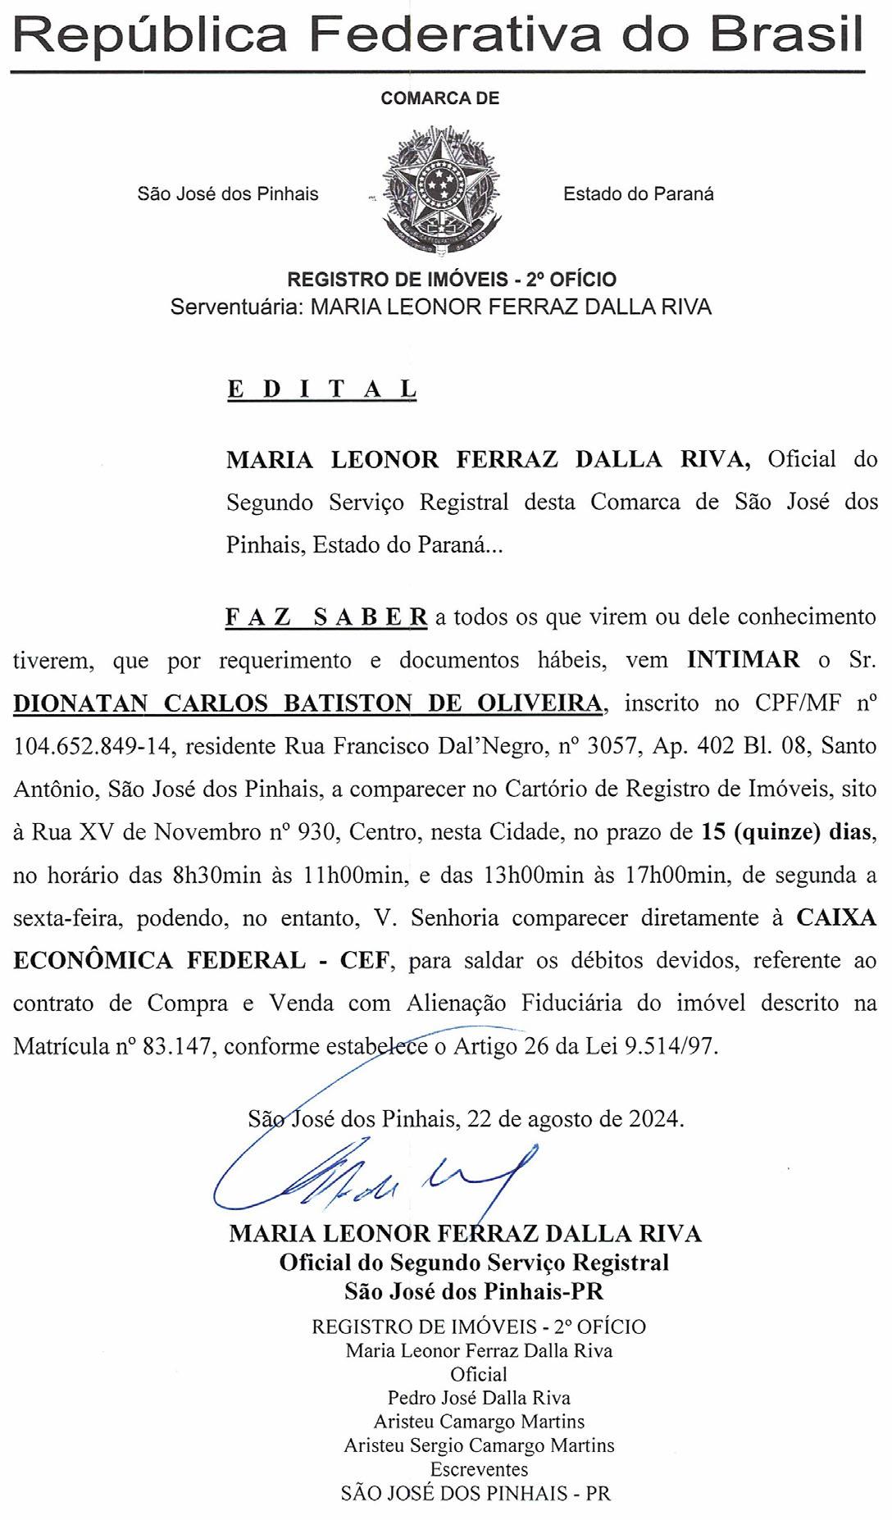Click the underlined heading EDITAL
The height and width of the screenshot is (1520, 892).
click(321, 389)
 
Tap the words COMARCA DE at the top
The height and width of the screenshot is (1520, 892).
click(440, 98)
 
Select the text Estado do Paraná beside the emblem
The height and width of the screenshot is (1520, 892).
click(638, 194)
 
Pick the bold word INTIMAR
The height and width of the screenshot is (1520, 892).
click(744, 660)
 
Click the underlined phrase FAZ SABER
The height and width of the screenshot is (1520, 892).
click(326, 617)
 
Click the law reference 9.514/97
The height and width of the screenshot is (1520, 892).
click(670, 1047)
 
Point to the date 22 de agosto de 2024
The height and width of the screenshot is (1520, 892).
click(573, 1118)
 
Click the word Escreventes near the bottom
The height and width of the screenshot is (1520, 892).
click(480, 1469)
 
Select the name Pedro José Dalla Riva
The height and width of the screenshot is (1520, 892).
click(479, 1398)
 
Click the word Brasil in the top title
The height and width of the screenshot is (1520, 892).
click(785, 34)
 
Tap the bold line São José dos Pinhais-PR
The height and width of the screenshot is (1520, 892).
click(474, 1291)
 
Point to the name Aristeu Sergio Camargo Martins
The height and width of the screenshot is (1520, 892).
click(479, 1445)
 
